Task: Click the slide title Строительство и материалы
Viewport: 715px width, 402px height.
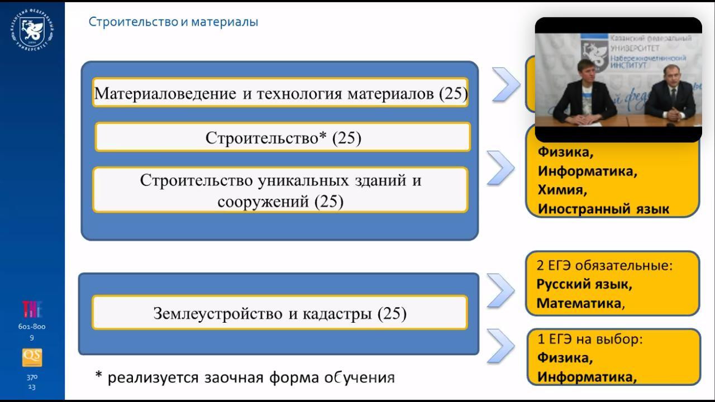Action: tap(173, 22)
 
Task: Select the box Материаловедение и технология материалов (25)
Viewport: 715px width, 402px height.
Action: tap(280, 93)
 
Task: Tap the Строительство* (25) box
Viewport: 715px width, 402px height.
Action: tap(283, 138)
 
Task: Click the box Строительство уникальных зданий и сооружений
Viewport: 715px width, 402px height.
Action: tap(280, 190)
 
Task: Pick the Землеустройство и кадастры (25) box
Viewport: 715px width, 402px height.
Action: tap(280, 314)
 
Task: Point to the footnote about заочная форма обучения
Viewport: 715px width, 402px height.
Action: tap(245, 377)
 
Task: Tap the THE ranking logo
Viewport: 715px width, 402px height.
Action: tap(32, 309)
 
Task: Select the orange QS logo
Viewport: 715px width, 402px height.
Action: tap(32, 357)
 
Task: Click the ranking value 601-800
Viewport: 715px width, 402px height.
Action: tap(32, 327)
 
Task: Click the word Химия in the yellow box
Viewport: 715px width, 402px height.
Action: tap(562, 190)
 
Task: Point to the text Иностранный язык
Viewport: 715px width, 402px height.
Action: tap(603, 209)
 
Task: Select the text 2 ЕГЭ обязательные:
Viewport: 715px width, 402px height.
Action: tap(604, 265)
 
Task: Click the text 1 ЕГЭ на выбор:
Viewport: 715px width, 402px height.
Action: tap(590, 339)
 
